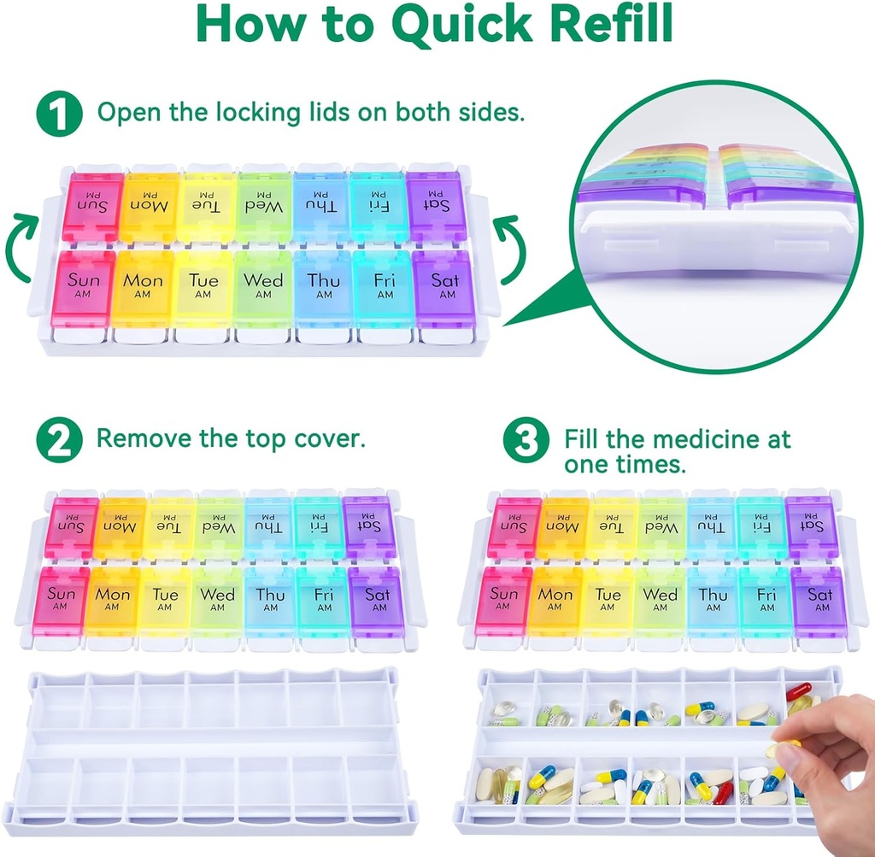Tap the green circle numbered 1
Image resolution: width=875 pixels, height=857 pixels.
click(x=59, y=114)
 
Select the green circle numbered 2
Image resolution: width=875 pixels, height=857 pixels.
click(x=59, y=440)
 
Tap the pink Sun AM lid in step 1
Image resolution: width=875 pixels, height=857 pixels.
click(x=83, y=287)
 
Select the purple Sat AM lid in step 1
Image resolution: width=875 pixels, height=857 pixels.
click(x=443, y=287)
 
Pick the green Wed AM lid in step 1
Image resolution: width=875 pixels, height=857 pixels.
click(x=262, y=287)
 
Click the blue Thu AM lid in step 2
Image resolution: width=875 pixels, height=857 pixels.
click(x=270, y=601)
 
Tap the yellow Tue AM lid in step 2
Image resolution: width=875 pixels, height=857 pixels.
click(x=165, y=601)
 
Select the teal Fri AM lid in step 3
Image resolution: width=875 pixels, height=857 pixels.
click(x=766, y=601)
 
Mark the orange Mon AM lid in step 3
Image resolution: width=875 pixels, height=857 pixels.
click(x=555, y=601)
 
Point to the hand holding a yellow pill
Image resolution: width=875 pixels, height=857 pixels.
click(x=824, y=751)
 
